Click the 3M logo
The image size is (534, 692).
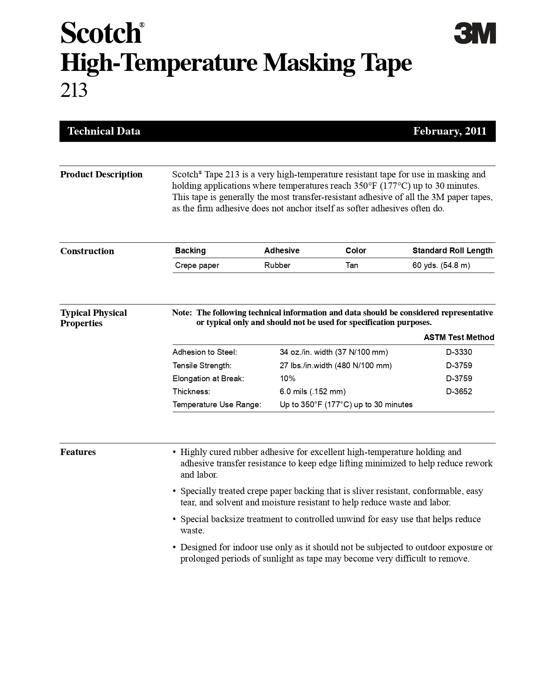click(x=475, y=33)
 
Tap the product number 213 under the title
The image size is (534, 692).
click(x=74, y=90)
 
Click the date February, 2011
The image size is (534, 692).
click(x=449, y=131)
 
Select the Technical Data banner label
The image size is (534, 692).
click(x=104, y=131)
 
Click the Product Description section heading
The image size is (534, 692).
click(x=101, y=174)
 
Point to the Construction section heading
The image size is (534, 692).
click(x=87, y=251)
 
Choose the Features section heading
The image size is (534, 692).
click(x=78, y=452)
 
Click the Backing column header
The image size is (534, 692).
click(x=190, y=251)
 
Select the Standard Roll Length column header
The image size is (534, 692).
click(x=452, y=251)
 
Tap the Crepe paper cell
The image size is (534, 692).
click(x=197, y=265)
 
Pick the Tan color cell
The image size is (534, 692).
click(x=352, y=265)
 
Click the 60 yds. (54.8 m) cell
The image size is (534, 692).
click(x=441, y=265)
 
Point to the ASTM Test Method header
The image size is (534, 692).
click(x=459, y=338)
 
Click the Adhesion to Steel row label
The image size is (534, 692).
click(x=205, y=352)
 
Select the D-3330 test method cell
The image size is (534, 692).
click(x=459, y=352)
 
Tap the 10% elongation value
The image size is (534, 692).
click(x=287, y=379)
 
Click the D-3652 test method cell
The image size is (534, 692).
click(x=459, y=392)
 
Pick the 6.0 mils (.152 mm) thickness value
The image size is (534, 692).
click(x=312, y=392)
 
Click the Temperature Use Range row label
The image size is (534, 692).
click(x=217, y=405)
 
